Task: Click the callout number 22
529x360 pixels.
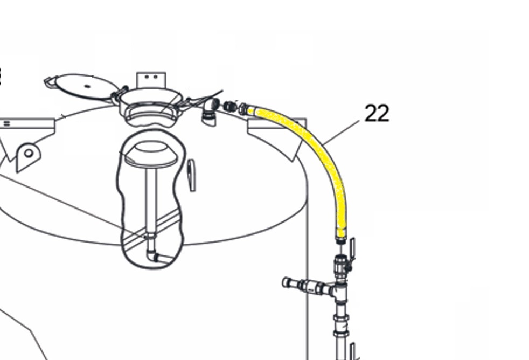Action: pyautogui.click(x=377, y=113)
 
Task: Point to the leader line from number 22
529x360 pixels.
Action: pyautogui.click(x=341, y=132)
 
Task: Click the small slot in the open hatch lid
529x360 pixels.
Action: pyautogui.click(x=87, y=86)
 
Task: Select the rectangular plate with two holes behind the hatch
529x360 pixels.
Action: pyautogui.click(x=151, y=80)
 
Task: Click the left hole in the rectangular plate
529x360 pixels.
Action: pyautogui.click(x=147, y=77)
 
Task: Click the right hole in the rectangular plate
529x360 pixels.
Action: pyautogui.click(x=156, y=77)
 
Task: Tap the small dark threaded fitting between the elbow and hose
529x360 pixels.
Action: pyautogui.click(x=230, y=106)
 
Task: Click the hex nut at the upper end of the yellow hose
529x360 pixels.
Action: pyautogui.click(x=243, y=109)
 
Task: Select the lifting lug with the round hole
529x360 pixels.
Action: pyautogui.click(x=29, y=156)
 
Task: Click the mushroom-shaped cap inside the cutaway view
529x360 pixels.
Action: pyautogui.click(x=151, y=154)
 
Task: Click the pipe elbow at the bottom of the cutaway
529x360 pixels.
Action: pyautogui.click(x=151, y=255)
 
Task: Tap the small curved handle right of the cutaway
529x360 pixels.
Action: pyautogui.click(x=192, y=175)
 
